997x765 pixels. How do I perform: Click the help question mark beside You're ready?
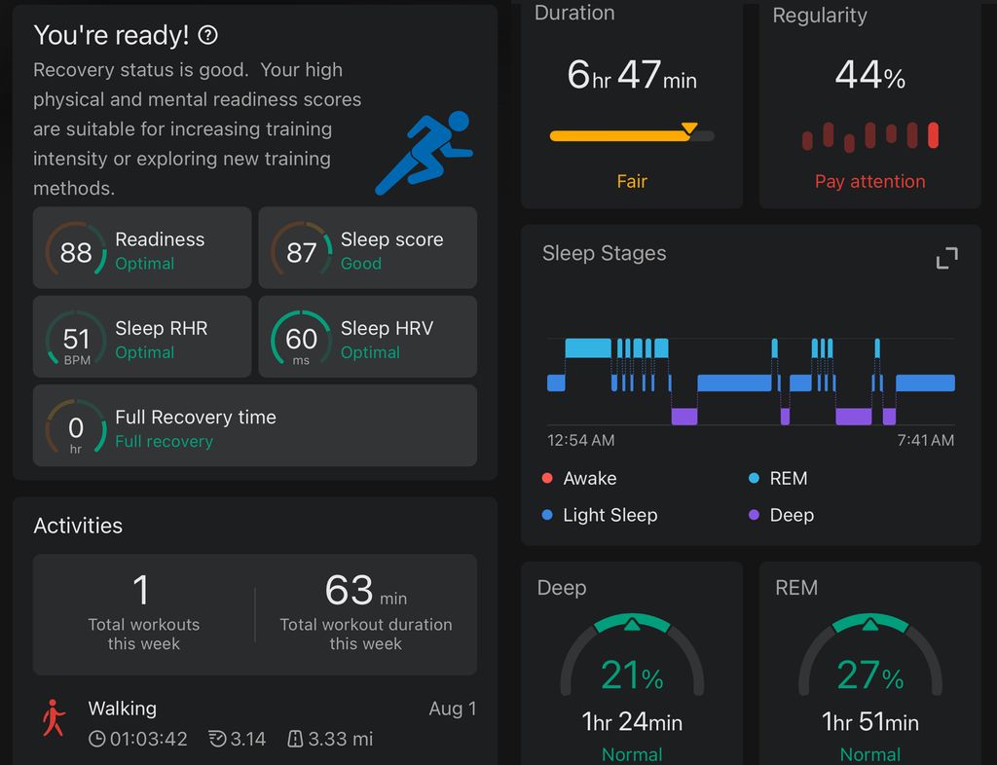[207, 36]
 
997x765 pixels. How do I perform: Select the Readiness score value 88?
[76, 252]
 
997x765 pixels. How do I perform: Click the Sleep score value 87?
[301, 252]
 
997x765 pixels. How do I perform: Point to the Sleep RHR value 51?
[76, 339]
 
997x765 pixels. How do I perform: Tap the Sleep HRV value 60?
[301, 339]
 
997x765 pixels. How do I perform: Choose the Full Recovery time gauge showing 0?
[76, 428]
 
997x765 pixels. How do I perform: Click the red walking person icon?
[54, 718]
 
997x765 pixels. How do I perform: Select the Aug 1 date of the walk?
[452, 709]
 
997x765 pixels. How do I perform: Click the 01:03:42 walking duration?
[148, 739]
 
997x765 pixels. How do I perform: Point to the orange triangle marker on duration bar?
[689, 127]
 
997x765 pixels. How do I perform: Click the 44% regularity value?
[869, 75]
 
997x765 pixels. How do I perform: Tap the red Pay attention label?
[869, 181]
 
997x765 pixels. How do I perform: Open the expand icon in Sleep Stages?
[946, 258]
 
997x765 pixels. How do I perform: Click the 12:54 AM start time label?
[580, 440]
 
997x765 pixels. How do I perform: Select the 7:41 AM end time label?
[925, 440]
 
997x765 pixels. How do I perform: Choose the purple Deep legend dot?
[754, 515]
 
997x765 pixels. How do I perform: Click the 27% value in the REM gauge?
[869, 675]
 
